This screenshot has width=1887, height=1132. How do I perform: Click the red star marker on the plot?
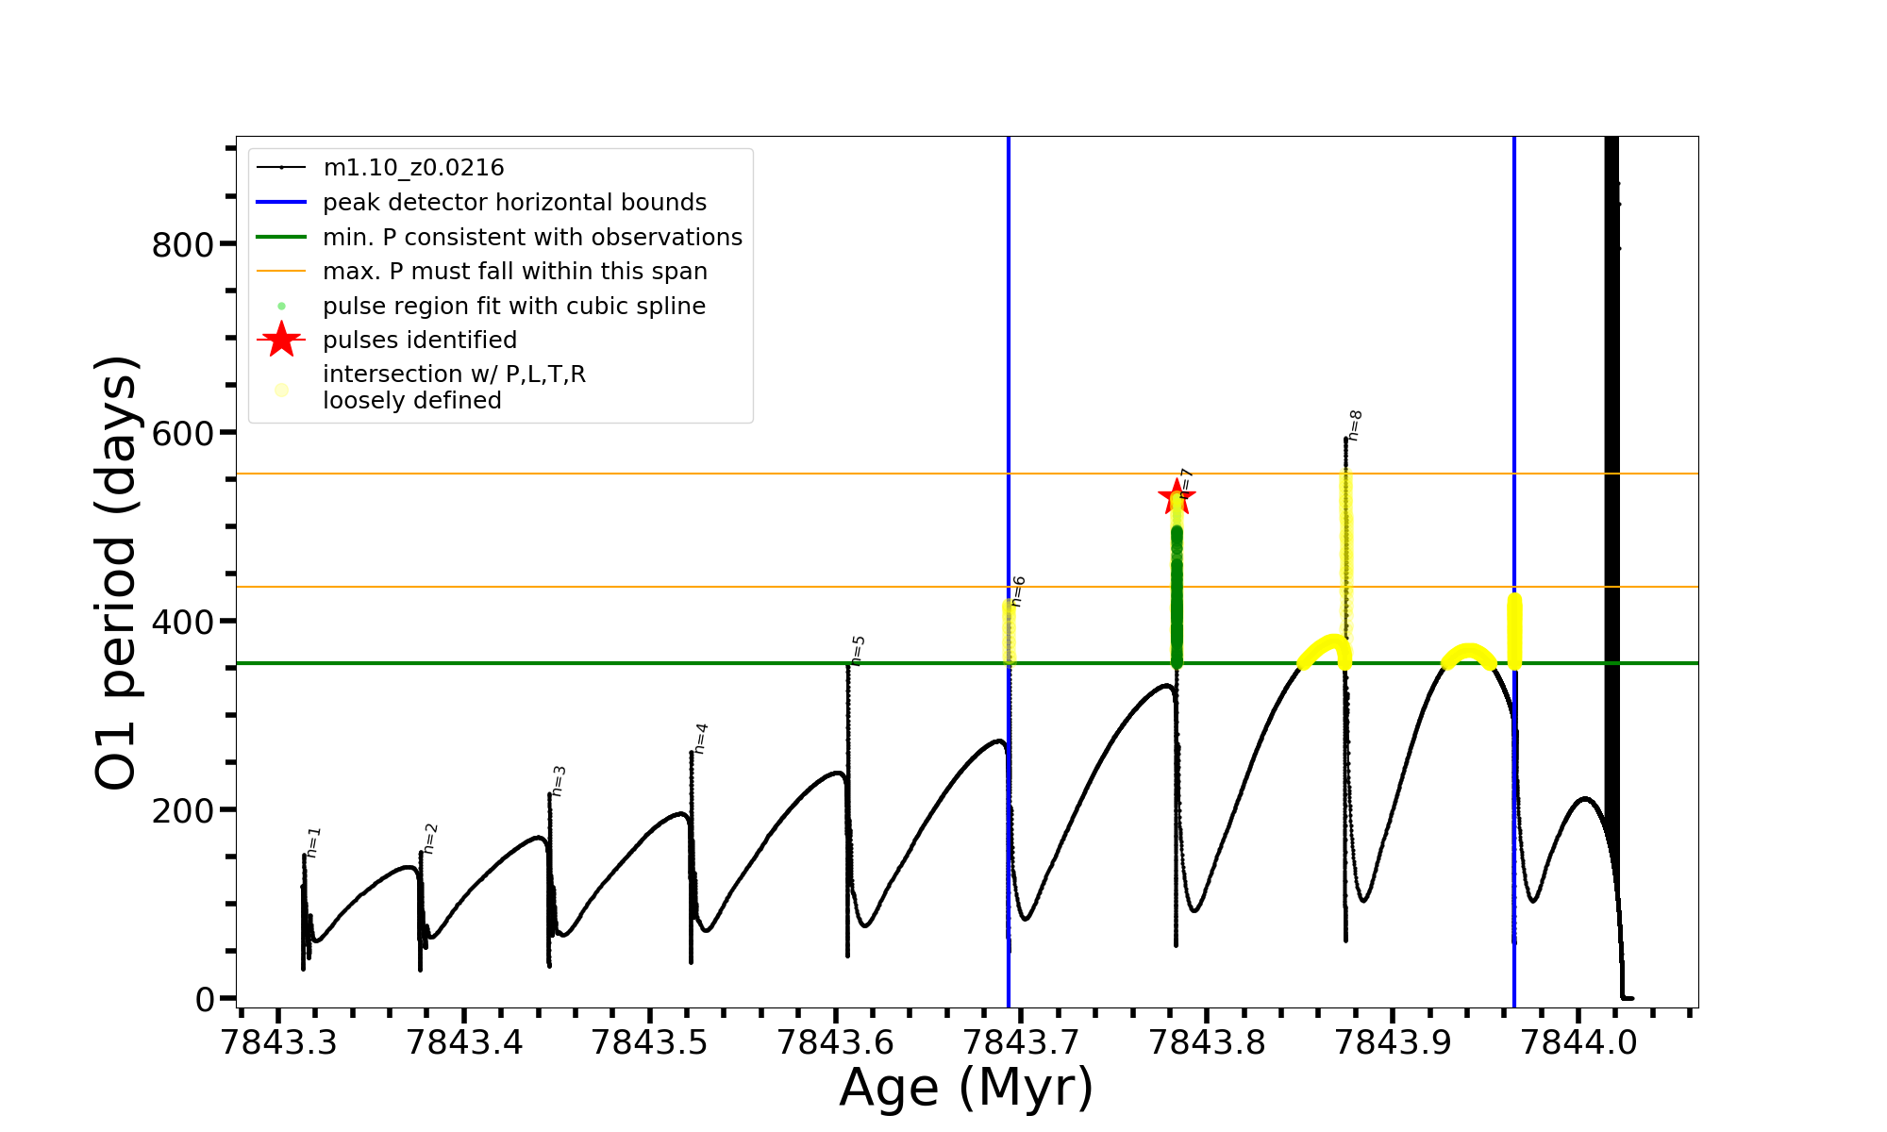pos(1176,497)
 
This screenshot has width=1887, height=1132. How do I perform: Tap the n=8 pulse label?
pos(1355,425)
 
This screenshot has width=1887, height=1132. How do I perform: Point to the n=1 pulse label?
pos(314,841)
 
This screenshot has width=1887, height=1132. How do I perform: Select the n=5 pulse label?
pos(858,650)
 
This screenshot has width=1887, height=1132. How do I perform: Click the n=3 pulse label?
pos(559,781)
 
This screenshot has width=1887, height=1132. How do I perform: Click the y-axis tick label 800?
pos(183,245)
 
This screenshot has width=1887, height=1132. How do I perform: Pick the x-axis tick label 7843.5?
pos(649,1043)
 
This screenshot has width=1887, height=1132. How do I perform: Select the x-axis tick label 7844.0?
pos(1579,1043)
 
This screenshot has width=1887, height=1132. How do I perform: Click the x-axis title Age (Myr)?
pos(966,1088)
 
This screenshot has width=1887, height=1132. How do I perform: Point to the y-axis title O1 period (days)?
pos(117,573)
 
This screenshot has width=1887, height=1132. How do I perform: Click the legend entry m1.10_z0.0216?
pos(413,168)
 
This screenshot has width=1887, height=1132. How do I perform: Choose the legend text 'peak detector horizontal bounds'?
pos(514,203)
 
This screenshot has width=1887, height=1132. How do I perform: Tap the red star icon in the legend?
pos(281,340)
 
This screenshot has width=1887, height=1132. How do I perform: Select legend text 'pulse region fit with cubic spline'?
pos(514,307)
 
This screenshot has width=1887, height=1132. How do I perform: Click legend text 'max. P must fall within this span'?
pos(514,272)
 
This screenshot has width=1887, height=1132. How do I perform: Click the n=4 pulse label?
pos(701,739)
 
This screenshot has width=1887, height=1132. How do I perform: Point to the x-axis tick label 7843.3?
pos(277,1043)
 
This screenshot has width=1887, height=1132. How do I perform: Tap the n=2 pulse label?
pos(430,838)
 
